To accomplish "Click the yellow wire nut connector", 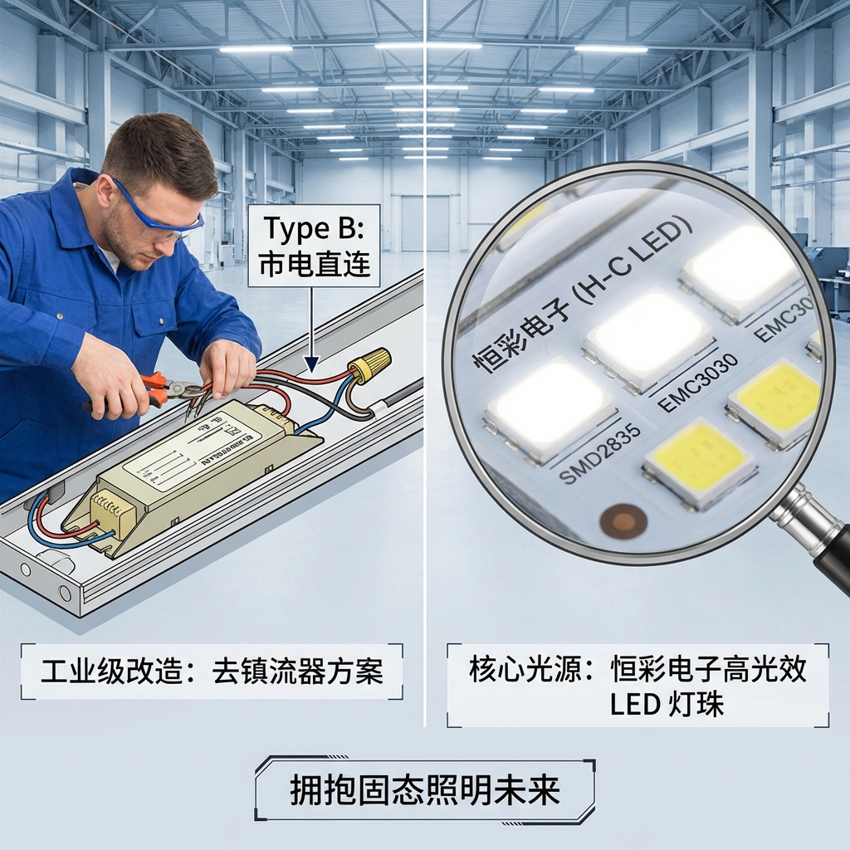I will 369,364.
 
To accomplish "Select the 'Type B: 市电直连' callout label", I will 313,246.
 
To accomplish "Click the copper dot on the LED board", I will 623,521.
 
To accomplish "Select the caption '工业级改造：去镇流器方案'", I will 212,671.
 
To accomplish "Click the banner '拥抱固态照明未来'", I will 424,790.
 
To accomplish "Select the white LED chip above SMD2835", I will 550,408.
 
